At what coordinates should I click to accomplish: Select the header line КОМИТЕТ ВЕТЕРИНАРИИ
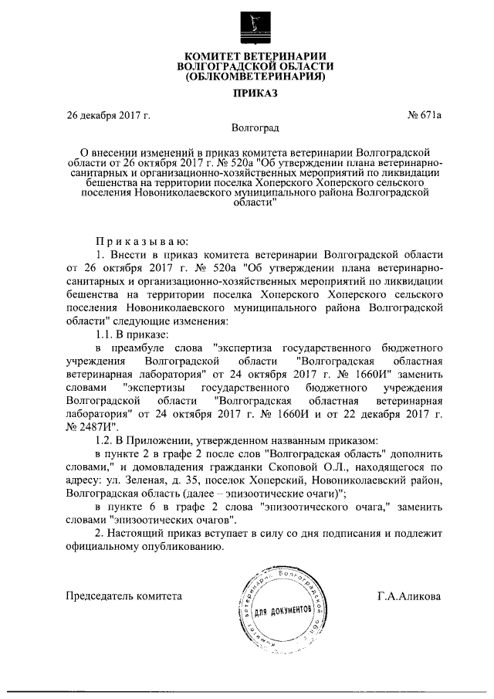(254, 56)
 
